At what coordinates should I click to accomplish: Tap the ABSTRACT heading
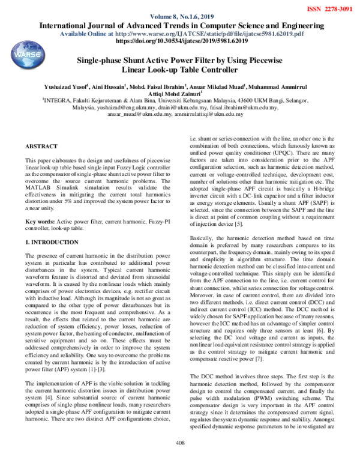tap(41, 147)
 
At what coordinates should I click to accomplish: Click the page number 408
tap(179, 459)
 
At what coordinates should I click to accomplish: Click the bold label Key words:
tap(39, 222)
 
